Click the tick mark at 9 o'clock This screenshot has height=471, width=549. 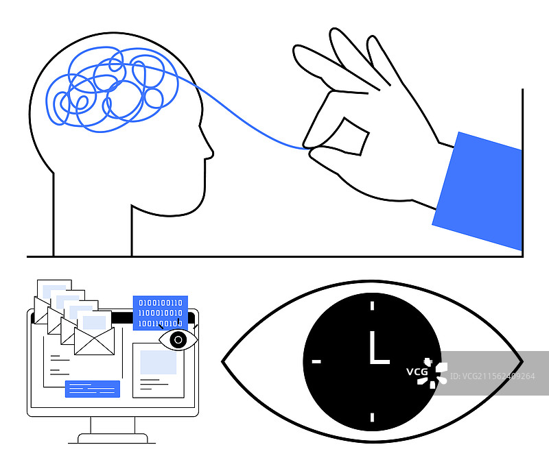[x=316, y=361]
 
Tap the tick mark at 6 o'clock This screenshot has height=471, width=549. [x=372, y=416]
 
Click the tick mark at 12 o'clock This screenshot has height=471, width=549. [x=372, y=306]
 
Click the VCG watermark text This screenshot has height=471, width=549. [x=417, y=372]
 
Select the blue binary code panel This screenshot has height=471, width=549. [x=161, y=312]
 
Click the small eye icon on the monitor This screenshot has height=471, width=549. [x=178, y=339]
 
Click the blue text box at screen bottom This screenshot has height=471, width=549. [x=93, y=389]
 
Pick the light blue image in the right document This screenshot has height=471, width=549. [x=158, y=362]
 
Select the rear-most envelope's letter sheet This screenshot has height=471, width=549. [x=55, y=288]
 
